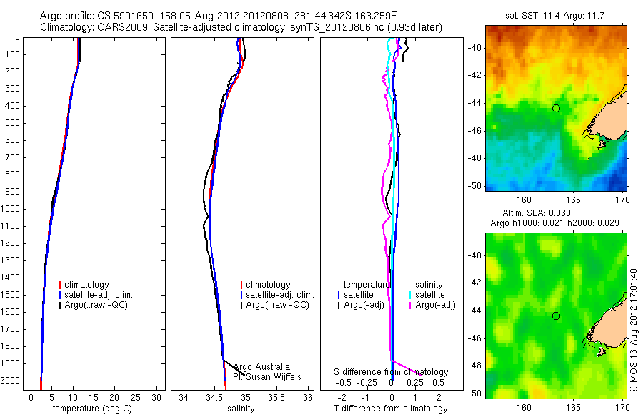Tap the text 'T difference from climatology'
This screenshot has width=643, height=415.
[390, 409]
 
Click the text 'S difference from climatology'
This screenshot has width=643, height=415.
[392, 372]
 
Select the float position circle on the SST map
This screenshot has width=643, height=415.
[556, 108]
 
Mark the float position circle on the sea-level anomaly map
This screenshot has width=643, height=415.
[556, 316]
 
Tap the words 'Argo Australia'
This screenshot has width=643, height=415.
[261, 366]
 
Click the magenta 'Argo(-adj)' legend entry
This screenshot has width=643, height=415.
[436, 305]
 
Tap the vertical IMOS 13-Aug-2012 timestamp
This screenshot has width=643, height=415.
[634, 329]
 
